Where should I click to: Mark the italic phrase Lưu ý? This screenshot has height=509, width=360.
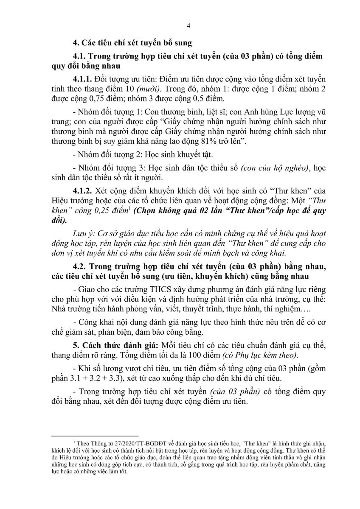pyautogui.click(x=83, y=232)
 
